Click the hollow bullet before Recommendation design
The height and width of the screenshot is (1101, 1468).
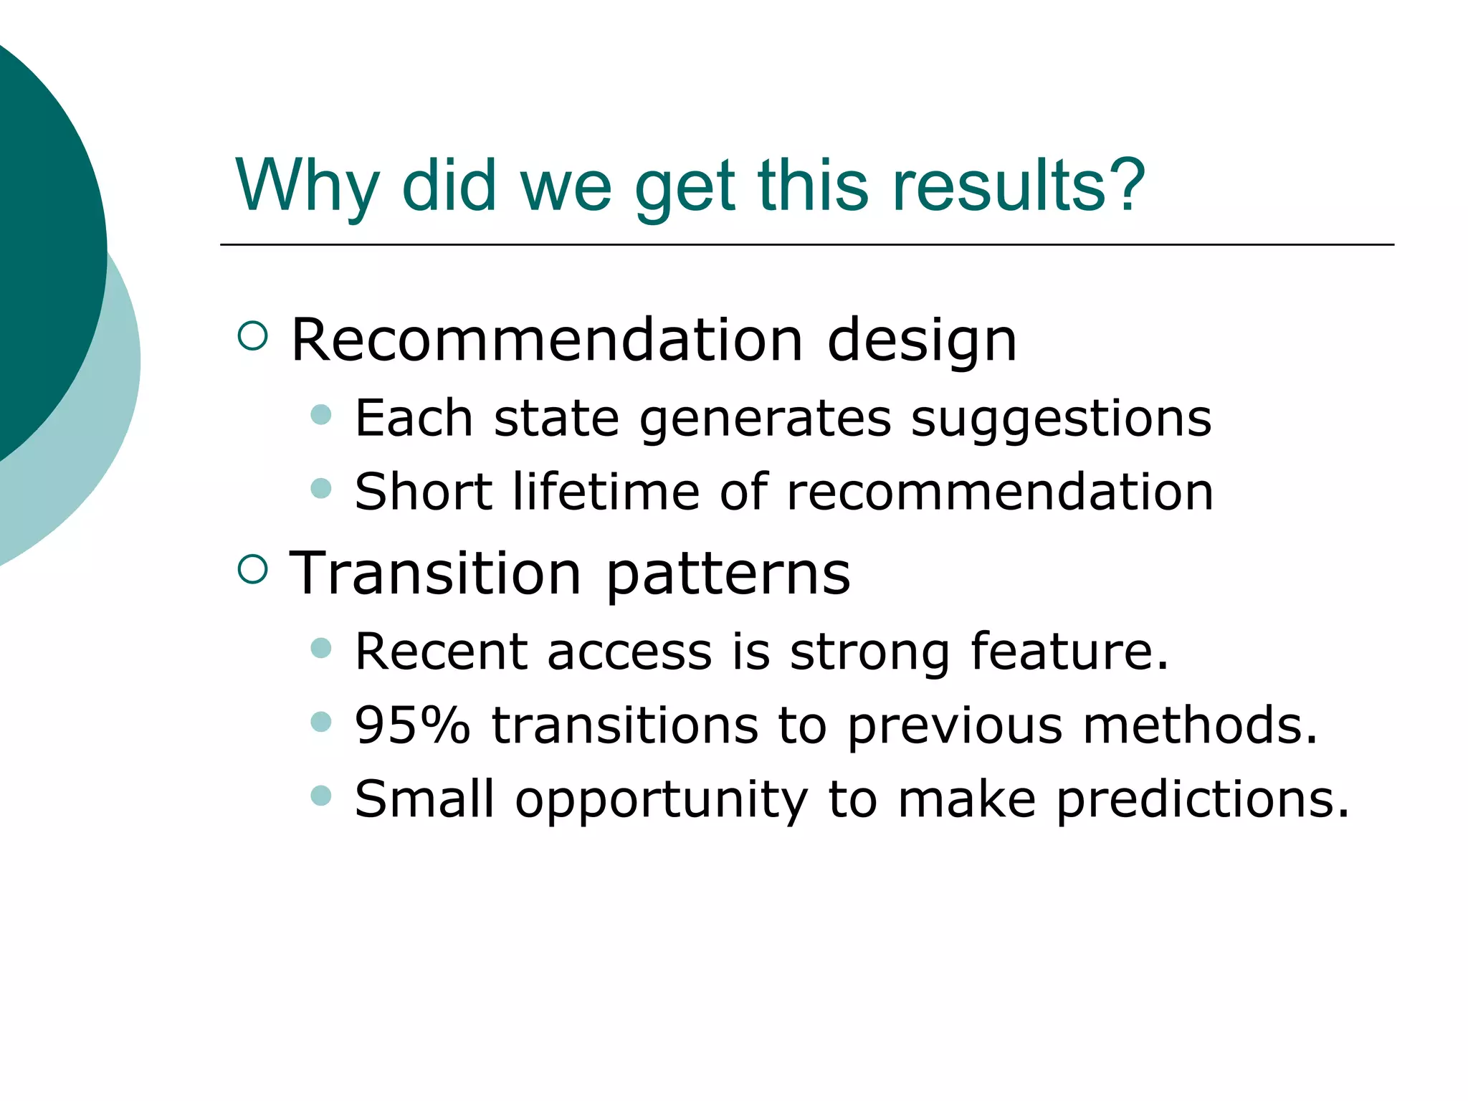point(252,335)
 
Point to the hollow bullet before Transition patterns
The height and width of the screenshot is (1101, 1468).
point(252,569)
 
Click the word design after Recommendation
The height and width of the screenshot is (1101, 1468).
point(922,340)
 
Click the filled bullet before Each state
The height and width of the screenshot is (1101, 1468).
point(321,414)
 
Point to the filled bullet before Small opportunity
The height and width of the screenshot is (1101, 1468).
point(321,795)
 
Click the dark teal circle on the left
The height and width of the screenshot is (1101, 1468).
point(43,244)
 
